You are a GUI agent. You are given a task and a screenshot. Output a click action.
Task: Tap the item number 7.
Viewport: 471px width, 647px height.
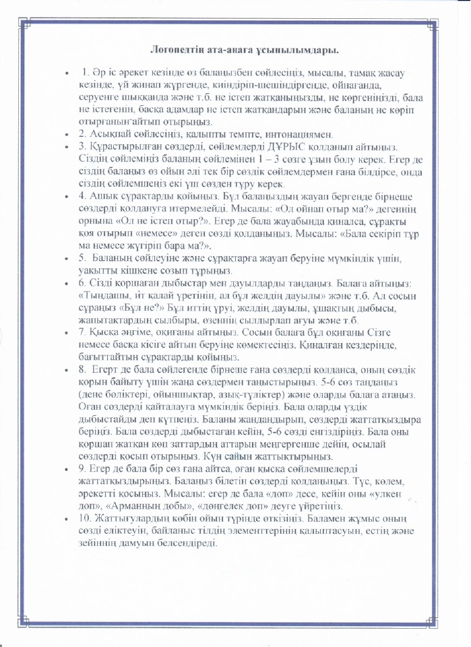coord(82,332)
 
